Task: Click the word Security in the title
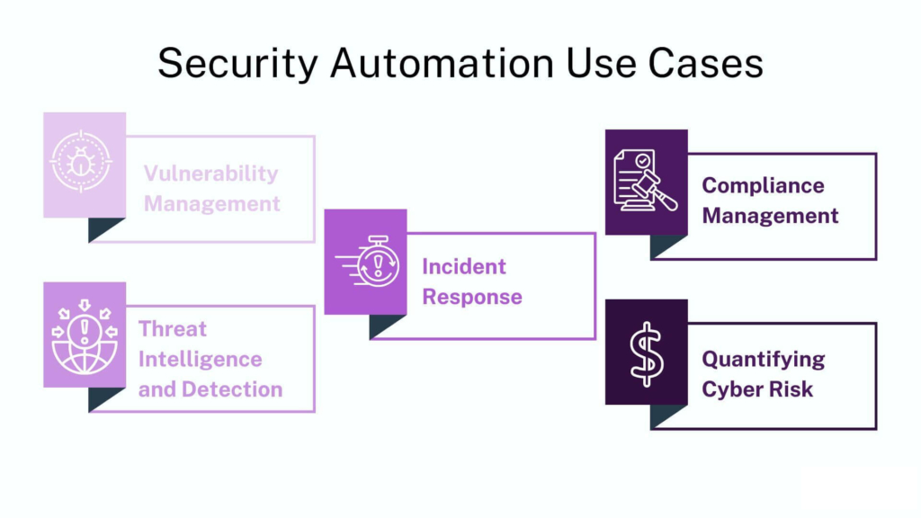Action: point(236,65)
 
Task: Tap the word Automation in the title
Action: point(433,65)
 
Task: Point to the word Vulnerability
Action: point(211,174)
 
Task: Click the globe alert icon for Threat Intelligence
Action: point(85,335)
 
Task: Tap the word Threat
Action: point(173,328)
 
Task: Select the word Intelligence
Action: point(200,359)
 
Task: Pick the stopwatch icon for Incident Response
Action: point(365,262)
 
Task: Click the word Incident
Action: point(464,266)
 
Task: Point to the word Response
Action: point(472,297)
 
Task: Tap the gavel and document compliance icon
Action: point(646,182)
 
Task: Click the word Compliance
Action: point(763,185)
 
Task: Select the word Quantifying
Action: point(764,359)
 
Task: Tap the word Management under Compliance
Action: point(770,216)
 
